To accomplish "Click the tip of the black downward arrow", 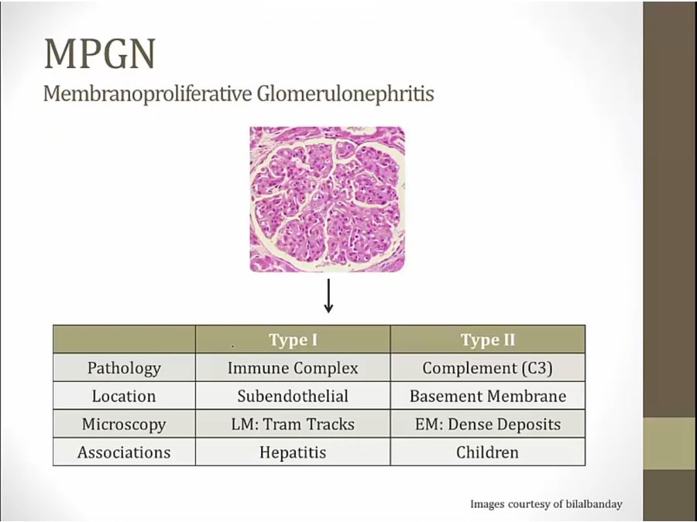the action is (328, 313).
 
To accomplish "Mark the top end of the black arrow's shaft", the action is (328, 279).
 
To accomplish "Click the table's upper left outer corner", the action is (53, 326).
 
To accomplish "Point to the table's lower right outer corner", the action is (585, 466).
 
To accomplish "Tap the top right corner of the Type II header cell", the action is (585, 326).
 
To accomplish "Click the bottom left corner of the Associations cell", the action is (53, 466).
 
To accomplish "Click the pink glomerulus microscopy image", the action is (327, 200).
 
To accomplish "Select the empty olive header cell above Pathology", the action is (124, 339).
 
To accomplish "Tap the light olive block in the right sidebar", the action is (670, 443).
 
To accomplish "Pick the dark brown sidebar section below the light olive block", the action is (670, 496).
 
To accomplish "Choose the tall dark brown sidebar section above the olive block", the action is (670, 210).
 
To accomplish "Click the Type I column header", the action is (293, 340).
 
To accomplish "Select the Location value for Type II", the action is (488, 396).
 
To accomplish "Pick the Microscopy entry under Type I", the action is (293, 425).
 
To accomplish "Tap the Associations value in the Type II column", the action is (487, 452).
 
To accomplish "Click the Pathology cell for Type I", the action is (293, 368).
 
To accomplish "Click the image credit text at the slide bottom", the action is (546, 504).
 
